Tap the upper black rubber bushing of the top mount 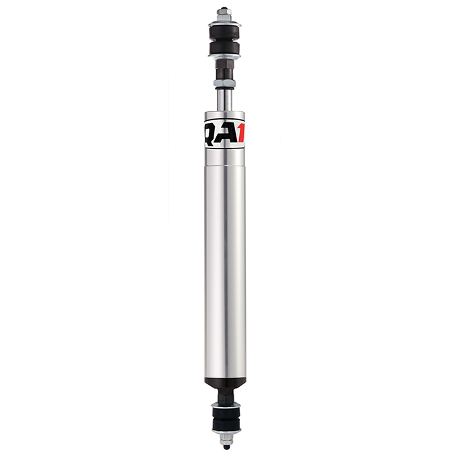pos(225,32)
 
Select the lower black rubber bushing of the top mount pos(224,49)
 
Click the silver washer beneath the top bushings pos(224,57)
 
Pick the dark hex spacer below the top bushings pos(224,70)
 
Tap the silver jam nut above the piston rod pos(224,83)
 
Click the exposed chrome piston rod pos(224,99)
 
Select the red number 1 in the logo pos(241,133)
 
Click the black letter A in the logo pos(228,134)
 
